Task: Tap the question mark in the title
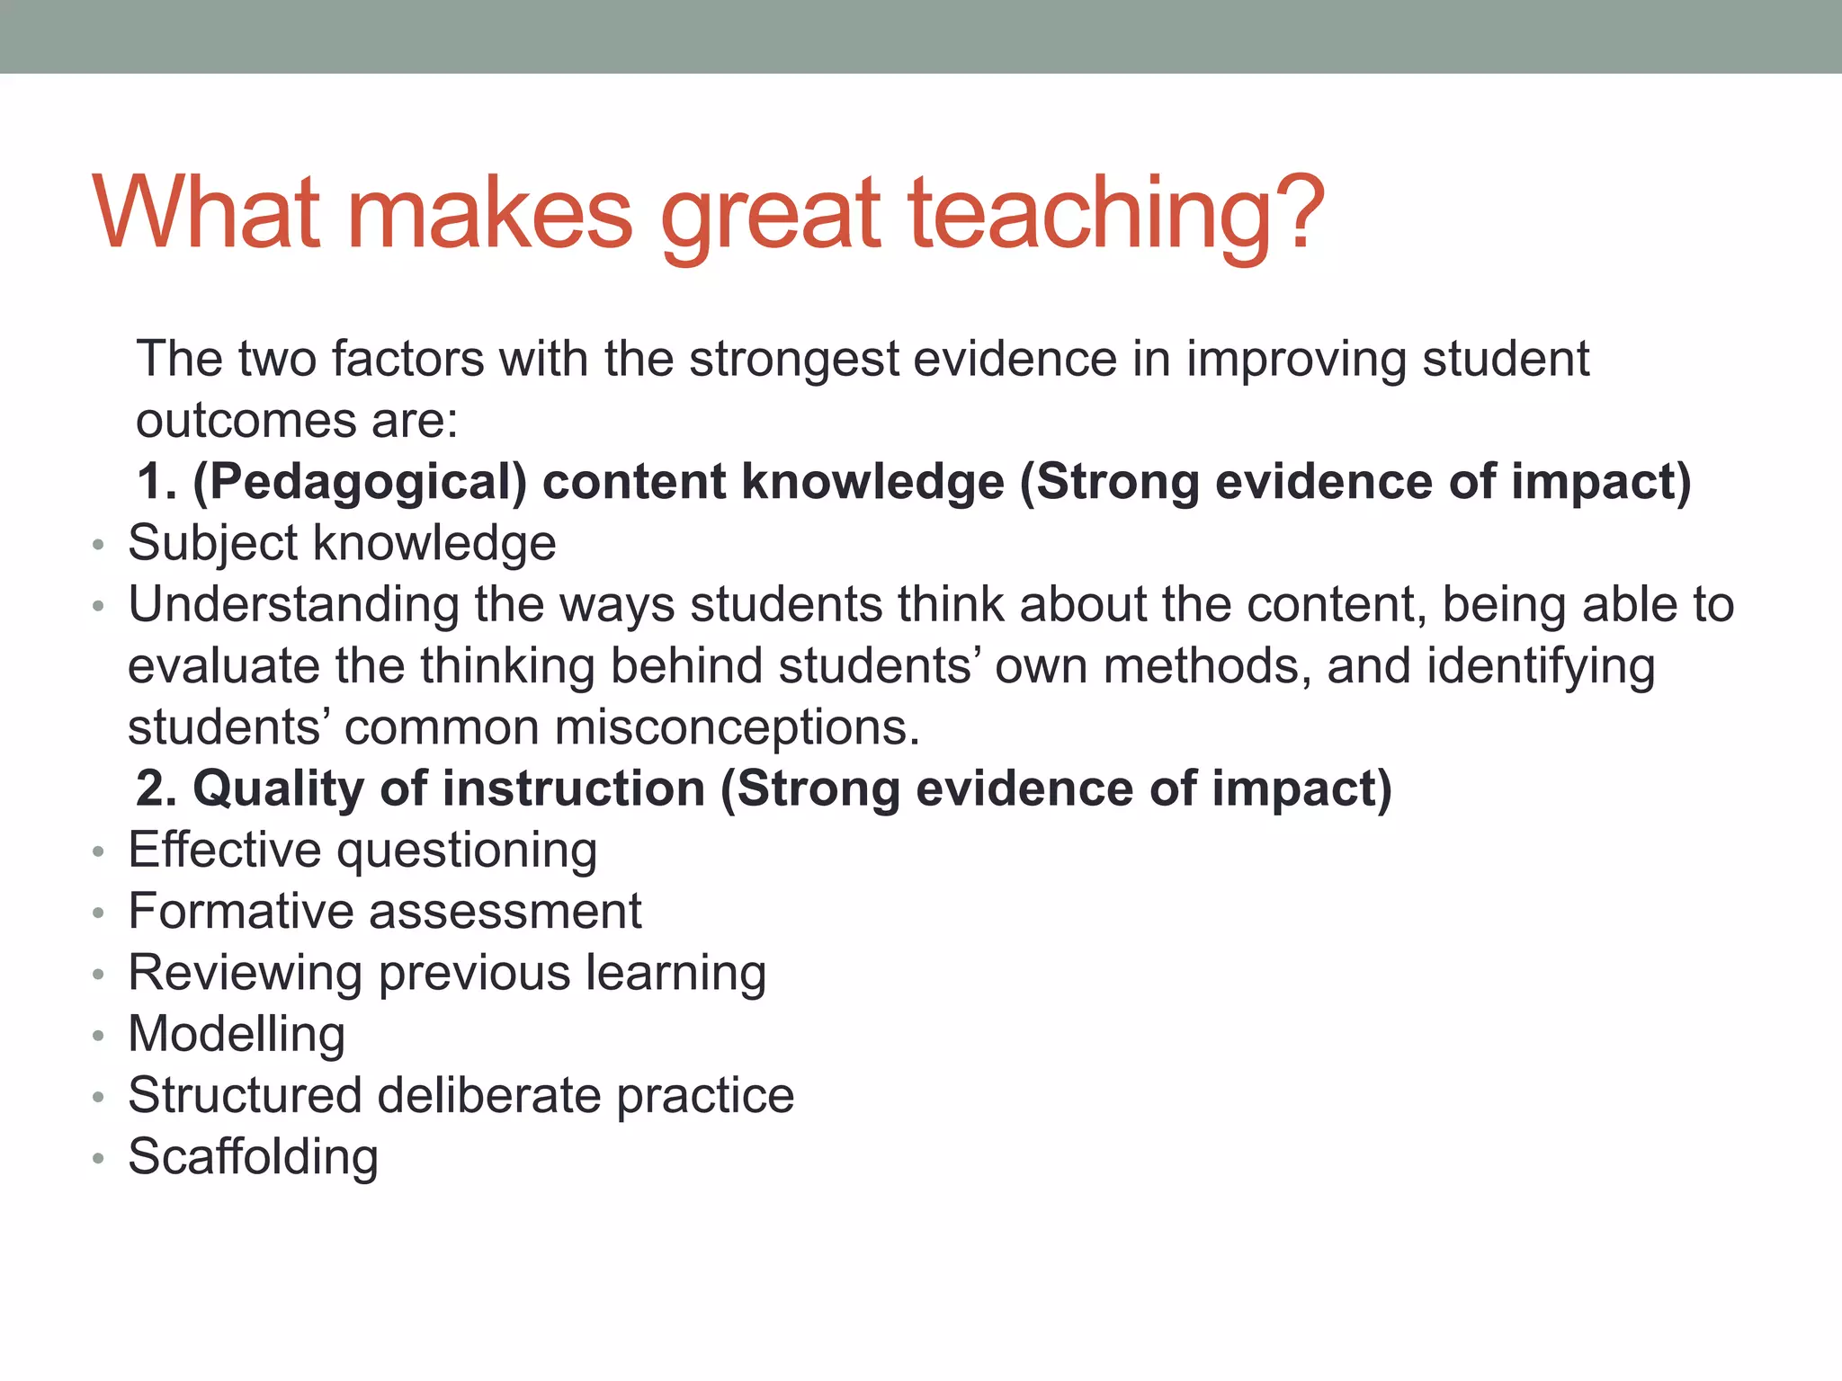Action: [x=1290, y=212]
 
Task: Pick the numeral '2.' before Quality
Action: [x=157, y=789]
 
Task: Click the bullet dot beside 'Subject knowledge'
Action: [x=99, y=545]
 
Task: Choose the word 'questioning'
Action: [x=467, y=851]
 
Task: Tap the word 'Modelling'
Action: [x=237, y=1034]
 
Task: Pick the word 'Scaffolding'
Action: [x=253, y=1156]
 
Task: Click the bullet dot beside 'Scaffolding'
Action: [x=99, y=1159]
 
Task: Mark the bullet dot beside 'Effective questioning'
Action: [x=99, y=851]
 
